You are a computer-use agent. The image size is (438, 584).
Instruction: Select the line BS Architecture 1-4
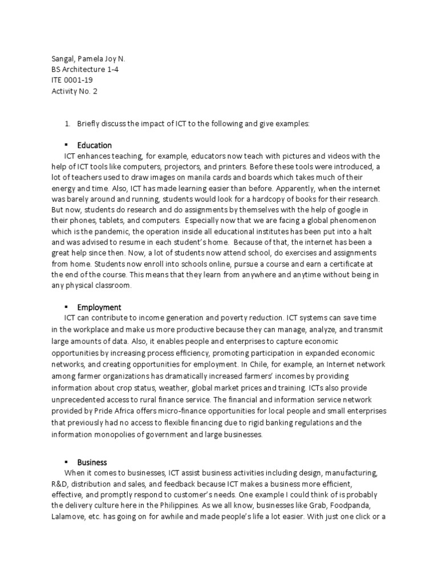point(85,70)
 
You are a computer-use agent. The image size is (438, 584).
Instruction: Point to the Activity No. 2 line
point(74,91)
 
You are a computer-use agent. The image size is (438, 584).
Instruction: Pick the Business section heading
point(92,462)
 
